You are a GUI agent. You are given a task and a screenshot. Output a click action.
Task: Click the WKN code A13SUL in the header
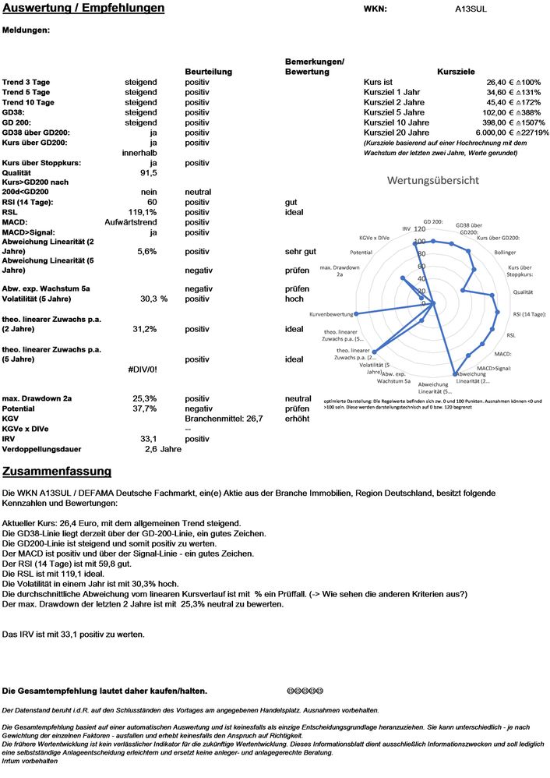472,9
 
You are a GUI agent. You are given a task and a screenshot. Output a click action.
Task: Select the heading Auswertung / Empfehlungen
83,9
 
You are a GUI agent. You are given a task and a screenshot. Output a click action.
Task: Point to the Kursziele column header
457,72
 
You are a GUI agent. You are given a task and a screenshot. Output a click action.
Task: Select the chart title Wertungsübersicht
433,180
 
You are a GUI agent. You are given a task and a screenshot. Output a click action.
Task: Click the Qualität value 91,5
149,173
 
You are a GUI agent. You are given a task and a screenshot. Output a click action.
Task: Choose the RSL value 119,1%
143,212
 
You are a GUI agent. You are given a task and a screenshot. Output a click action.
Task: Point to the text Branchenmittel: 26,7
224,419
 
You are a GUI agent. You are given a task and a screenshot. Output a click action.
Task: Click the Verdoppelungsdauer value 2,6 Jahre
163,449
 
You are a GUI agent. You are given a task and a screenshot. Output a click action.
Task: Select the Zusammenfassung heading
57,472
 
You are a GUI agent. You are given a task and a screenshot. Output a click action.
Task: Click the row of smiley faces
305,691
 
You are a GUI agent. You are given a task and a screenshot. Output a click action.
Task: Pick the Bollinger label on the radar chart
505,253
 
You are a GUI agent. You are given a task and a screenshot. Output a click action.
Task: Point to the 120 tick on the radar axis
421,229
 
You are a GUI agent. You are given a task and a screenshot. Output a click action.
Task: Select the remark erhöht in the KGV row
297,419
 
